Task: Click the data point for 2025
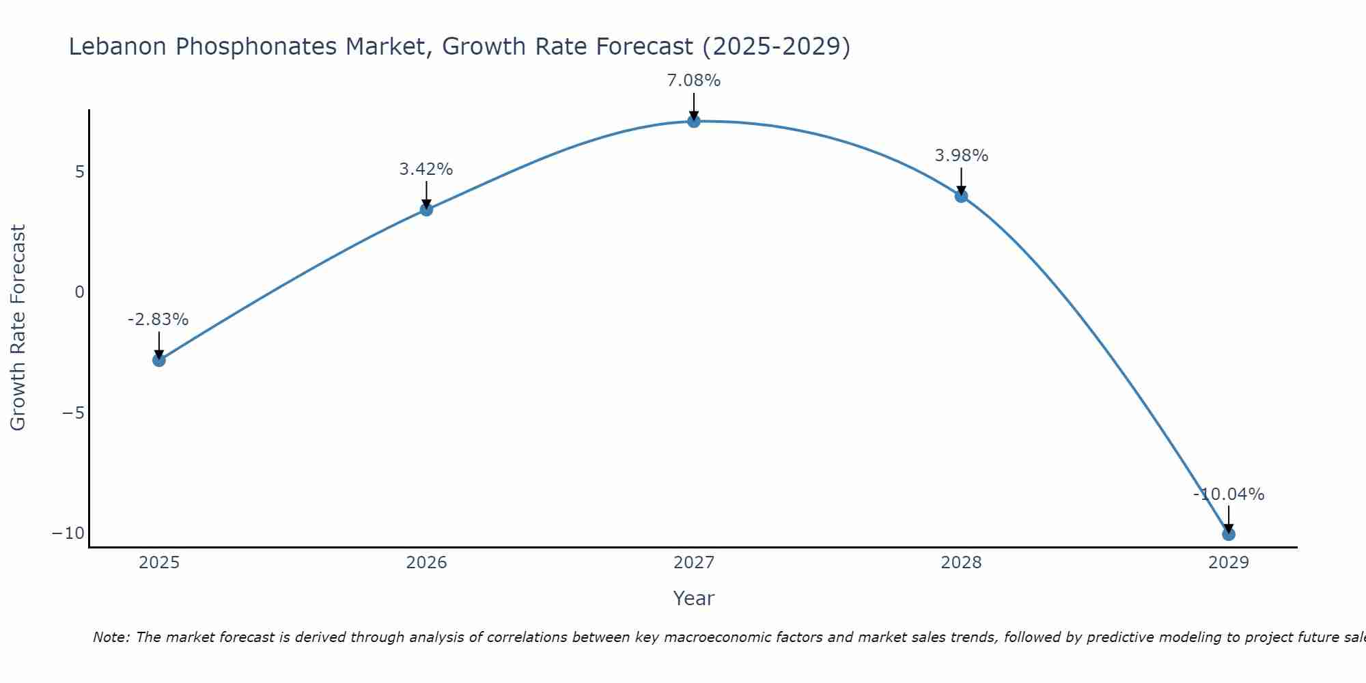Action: pyautogui.click(x=159, y=360)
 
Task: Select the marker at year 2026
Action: pyautogui.click(x=426, y=210)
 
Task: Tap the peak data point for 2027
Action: pyautogui.click(x=694, y=122)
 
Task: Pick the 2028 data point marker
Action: pyautogui.click(x=961, y=196)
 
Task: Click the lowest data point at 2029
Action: pyautogui.click(x=1229, y=534)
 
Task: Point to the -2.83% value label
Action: pyautogui.click(x=158, y=320)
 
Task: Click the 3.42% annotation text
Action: pyautogui.click(x=426, y=169)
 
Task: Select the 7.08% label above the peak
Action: pyautogui.click(x=694, y=81)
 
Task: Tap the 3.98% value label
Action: pyautogui.click(x=961, y=156)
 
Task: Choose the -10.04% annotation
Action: pyautogui.click(x=1229, y=494)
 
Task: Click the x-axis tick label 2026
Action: pyautogui.click(x=426, y=563)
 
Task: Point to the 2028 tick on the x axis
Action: pyautogui.click(x=961, y=563)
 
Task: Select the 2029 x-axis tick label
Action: pyautogui.click(x=1229, y=563)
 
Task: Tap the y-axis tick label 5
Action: pyautogui.click(x=80, y=171)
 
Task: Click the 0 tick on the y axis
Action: pyautogui.click(x=80, y=292)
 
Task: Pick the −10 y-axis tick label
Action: pyautogui.click(x=68, y=533)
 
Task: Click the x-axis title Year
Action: pyautogui.click(x=694, y=598)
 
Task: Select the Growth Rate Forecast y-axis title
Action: pyautogui.click(x=18, y=328)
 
